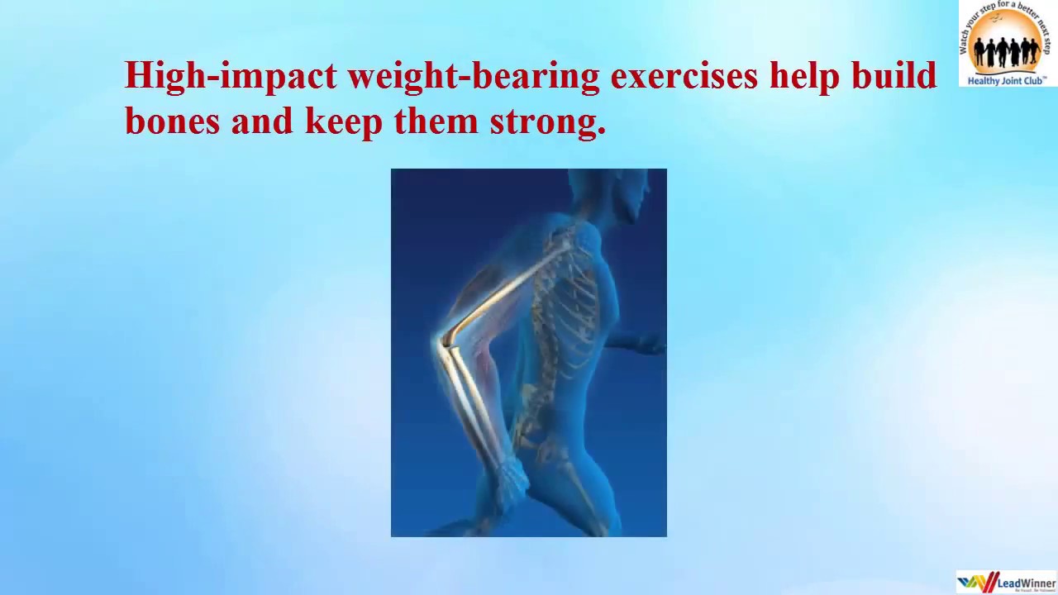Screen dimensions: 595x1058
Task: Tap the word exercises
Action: (684, 76)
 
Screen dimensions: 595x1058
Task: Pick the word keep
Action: (344, 122)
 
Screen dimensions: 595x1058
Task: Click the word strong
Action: (547, 122)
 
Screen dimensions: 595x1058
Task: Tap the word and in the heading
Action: (262, 121)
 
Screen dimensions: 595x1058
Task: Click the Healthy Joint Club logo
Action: (1007, 43)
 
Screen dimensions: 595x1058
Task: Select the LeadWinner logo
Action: (1006, 582)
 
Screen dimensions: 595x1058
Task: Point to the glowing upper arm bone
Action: (504, 289)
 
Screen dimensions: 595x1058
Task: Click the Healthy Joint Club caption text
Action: (1007, 81)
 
